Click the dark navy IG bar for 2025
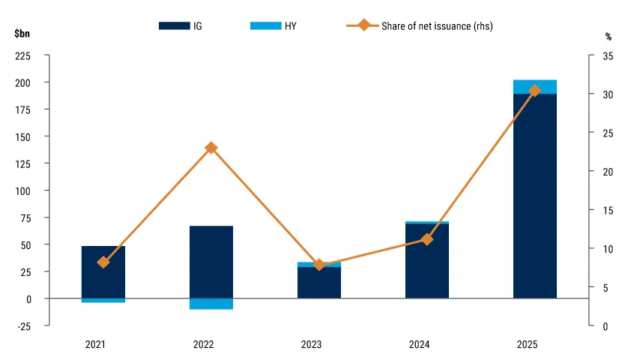[535, 196]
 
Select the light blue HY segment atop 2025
[535, 87]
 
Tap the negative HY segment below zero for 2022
[211, 304]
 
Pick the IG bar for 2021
[103, 272]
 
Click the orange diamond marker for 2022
[211, 148]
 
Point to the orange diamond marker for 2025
[535, 91]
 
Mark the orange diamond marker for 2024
[427, 239]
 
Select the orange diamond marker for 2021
[103, 262]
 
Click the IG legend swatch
[174, 25]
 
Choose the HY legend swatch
[266, 25]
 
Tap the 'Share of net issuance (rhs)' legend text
[437, 26]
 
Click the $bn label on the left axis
[22, 33]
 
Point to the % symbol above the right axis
[608, 37]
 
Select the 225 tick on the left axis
[22, 56]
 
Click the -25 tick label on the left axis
[22, 326]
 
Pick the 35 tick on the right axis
[608, 56]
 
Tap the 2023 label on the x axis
[312, 344]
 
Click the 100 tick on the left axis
[22, 191]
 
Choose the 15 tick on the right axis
[608, 210]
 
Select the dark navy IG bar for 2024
[427, 261]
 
